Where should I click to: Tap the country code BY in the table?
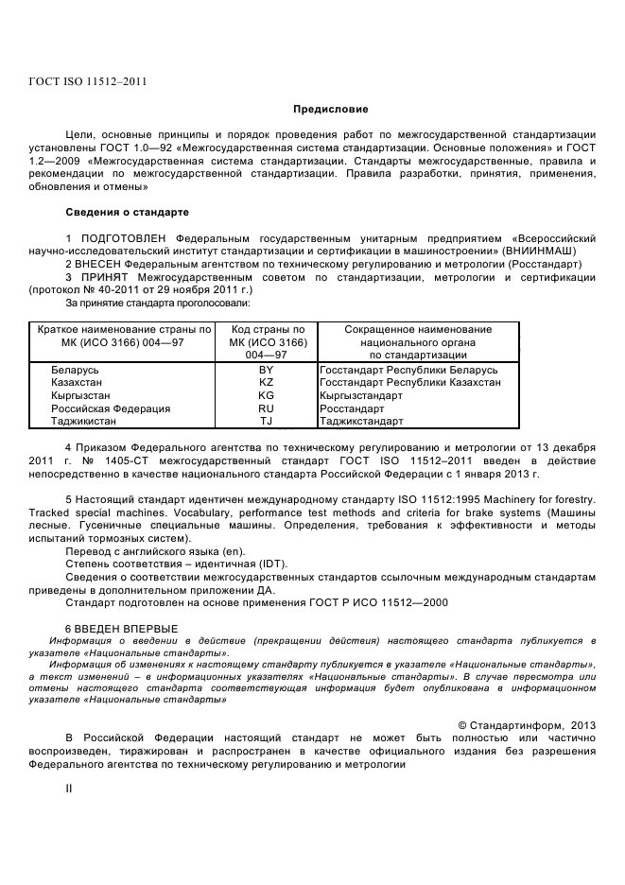point(266,369)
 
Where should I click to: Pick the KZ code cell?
point(266,382)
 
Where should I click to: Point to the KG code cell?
point(266,395)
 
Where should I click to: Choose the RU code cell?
point(266,408)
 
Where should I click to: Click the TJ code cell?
point(266,421)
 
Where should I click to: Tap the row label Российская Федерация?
point(111,408)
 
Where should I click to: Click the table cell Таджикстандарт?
point(362,421)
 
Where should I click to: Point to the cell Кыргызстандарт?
point(361,395)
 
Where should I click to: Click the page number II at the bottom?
point(68,786)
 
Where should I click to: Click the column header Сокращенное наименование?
point(417,328)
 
